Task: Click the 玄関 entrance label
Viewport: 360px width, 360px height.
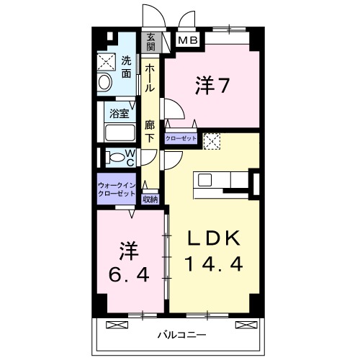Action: click(151, 43)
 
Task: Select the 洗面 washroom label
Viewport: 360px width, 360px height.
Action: click(127, 66)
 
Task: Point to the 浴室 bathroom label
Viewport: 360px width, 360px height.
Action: click(119, 112)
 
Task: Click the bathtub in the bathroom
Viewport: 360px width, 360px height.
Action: click(119, 132)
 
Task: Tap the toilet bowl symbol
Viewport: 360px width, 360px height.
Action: click(113, 157)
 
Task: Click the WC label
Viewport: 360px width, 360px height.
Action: click(130, 157)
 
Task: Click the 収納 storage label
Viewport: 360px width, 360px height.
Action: click(150, 199)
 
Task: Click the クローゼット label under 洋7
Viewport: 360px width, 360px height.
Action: click(181, 139)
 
